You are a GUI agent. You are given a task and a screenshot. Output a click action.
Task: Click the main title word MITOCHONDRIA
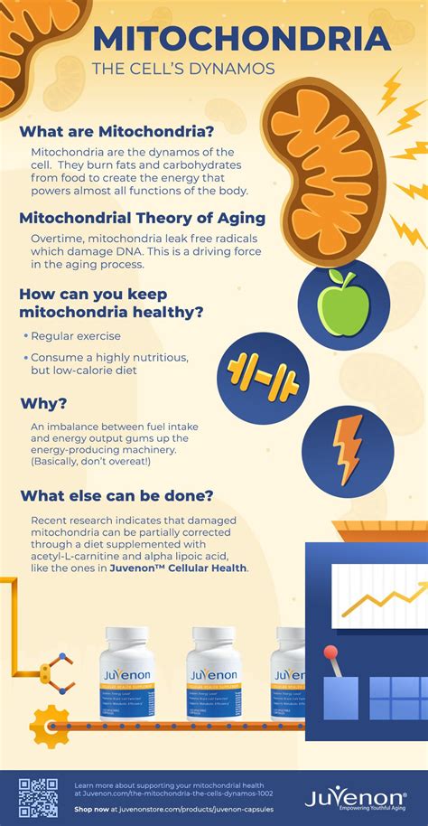click(242, 39)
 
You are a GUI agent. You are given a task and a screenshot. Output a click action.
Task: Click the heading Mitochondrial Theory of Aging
click(143, 218)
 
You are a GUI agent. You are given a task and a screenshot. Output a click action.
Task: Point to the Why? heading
click(44, 403)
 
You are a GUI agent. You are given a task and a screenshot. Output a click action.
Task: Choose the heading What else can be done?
click(116, 495)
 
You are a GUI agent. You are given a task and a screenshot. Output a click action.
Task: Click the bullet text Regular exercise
click(76, 336)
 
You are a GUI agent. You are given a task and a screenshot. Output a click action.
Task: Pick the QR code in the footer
click(38, 798)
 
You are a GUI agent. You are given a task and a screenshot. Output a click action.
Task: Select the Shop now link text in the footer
click(92, 810)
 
